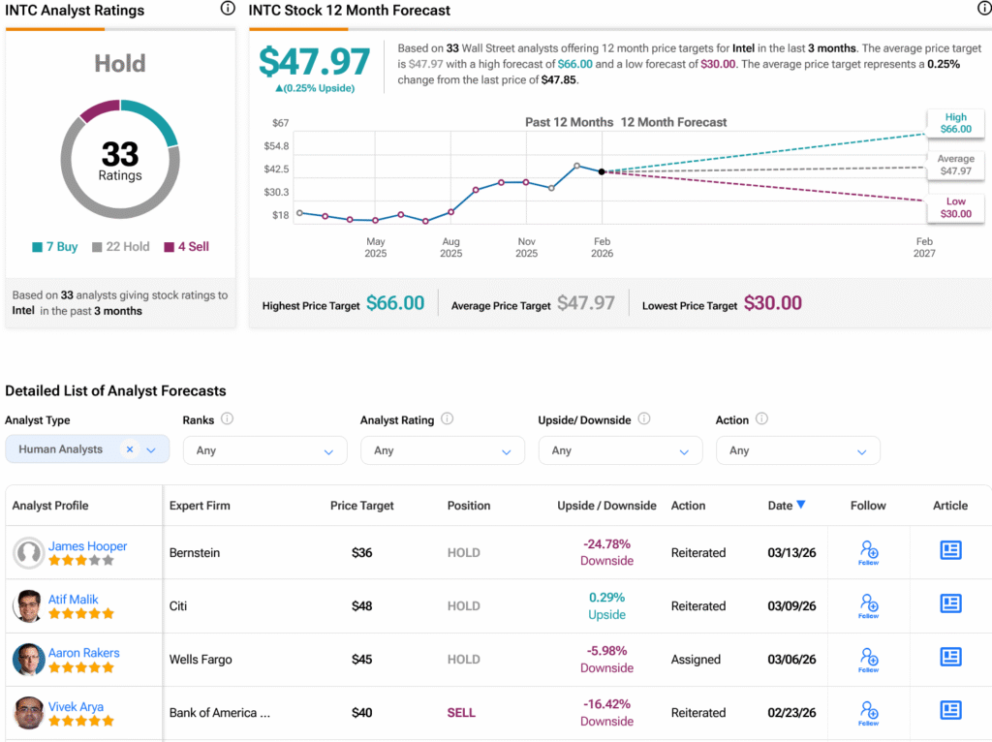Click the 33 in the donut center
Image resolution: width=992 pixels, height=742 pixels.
(x=120, y=153)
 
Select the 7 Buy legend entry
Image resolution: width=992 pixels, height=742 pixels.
(x=55, y=247)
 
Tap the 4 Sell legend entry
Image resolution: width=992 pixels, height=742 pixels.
(x=187, y=247)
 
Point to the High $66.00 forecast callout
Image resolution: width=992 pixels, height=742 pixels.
(x=955, y=122)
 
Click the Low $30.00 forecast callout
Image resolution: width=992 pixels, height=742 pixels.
(x=955, y=207)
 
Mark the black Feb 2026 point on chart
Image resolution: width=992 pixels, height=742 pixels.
(x=602, y=171)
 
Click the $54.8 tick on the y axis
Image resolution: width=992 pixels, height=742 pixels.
(x=277, y=145)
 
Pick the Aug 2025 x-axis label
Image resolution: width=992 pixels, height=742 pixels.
(x=450, y=247)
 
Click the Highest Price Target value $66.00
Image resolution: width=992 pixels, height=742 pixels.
(x=394, y=303)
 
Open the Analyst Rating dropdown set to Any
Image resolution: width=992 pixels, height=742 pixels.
(x=442, y=450)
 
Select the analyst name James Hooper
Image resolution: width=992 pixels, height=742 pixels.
(x=87, y=546)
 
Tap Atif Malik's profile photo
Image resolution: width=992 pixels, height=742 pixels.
(x=28, y=606)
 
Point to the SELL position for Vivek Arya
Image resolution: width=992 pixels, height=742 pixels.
(x=461, y=713)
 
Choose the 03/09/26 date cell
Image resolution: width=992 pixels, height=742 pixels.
(x=791, y=606)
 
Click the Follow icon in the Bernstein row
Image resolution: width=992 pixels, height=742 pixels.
(x=868, y=552)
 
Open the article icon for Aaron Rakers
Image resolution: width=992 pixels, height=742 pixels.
(x=950, y=658)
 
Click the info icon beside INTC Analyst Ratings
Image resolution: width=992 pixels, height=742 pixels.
(x=228, y=9)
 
